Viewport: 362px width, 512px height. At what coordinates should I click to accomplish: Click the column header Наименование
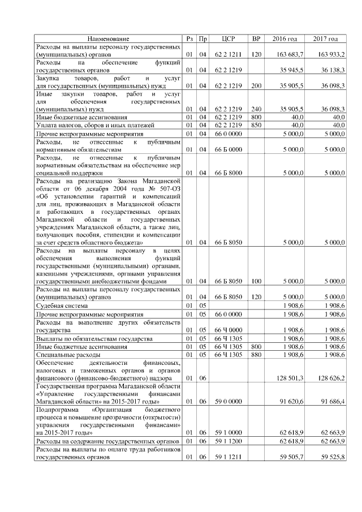tap(107, 39)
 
